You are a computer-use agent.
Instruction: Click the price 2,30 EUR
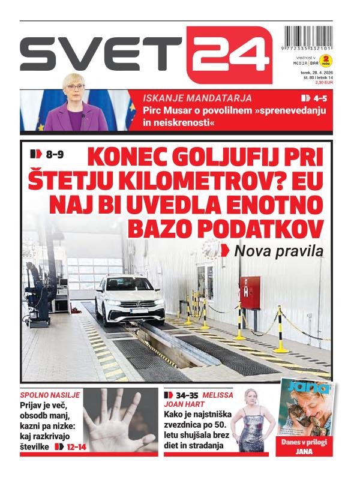323,82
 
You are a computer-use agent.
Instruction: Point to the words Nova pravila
278,251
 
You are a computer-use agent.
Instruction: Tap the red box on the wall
250,292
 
